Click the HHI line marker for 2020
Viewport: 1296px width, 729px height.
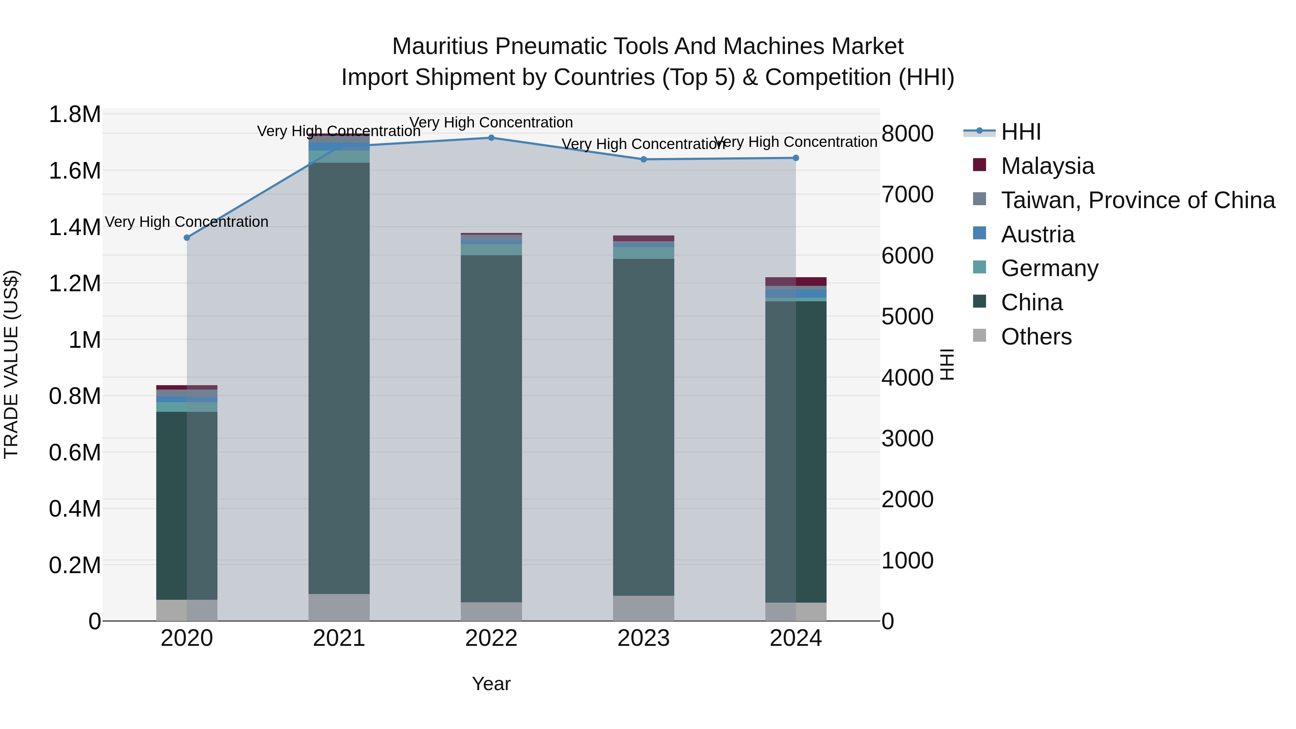pos(186,238)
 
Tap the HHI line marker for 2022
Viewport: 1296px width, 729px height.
pos(491,138)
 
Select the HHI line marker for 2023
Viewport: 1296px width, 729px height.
pos(643,159)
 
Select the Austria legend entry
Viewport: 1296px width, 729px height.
pos(1038,234)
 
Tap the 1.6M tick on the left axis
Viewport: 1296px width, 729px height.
pos(75,171)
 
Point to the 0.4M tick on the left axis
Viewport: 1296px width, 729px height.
pos(75,509)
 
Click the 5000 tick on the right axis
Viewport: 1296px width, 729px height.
pos(908,316)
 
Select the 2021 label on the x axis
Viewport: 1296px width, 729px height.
pos(339,638)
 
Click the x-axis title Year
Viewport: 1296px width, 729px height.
pos(491,684)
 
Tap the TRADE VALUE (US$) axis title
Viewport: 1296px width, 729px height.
pos(12,364)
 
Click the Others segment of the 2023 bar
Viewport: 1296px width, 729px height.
pos(643,608)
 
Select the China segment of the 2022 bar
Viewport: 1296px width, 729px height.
pos(491,428)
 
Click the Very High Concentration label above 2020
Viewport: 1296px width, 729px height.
pos(186,222)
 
